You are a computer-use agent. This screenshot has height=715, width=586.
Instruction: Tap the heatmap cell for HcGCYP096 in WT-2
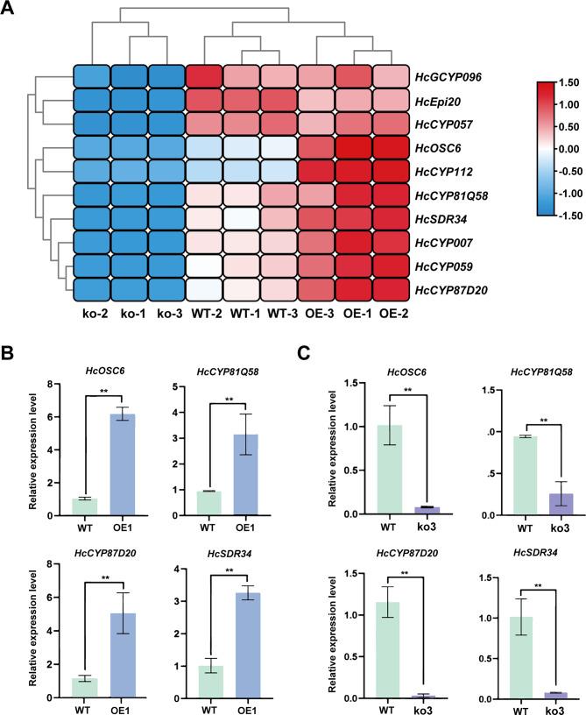(x=204, y=77)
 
